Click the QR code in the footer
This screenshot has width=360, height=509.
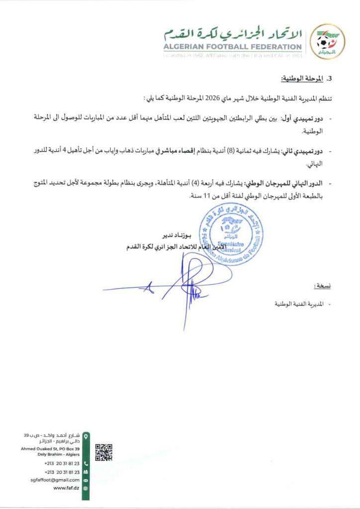[103, 452]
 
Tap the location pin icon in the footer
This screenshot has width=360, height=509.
[86, 436]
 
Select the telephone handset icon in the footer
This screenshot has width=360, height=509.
[86, 463]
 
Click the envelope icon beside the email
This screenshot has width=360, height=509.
[86, 480]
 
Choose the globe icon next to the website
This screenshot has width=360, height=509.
[86, 488]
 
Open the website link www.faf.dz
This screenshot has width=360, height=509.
[66, 488]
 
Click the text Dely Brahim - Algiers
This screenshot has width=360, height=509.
[58, 454]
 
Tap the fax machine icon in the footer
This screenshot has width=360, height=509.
[86, 472]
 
